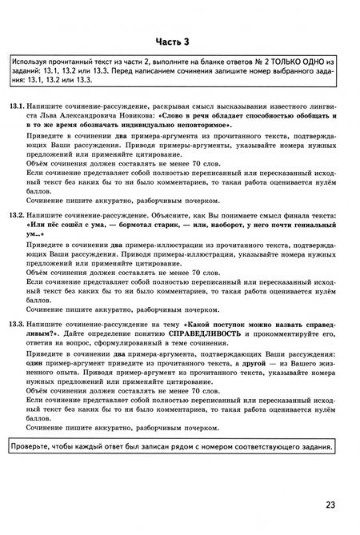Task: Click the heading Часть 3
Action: coord(179,41)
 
